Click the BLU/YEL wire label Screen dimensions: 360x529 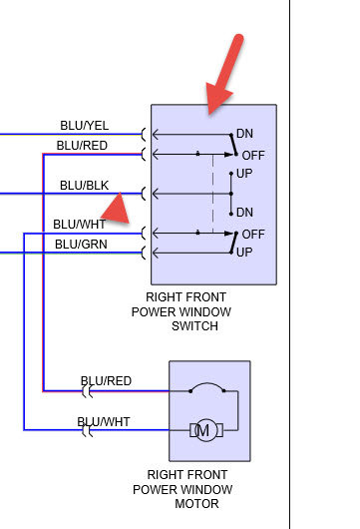[85, 126]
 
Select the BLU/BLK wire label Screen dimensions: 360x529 [85, 186]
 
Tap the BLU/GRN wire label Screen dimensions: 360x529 [81, 244]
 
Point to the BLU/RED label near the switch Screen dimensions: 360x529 [82, 146]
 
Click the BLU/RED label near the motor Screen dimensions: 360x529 [106, 381]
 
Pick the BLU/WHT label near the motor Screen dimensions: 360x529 [104, 422]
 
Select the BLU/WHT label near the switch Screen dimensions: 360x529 [80, 224]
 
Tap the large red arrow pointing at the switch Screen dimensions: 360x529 [224, 75]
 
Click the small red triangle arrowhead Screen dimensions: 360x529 [117, 210]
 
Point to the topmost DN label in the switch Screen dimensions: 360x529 [244, 134]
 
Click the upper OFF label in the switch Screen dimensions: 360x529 [253, 156]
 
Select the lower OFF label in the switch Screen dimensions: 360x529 [253, 235]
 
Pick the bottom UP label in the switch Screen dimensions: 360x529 [244, 253]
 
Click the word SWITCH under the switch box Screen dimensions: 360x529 [194, 326]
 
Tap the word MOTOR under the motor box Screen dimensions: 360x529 [196, 504]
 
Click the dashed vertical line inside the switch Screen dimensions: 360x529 [212, 194]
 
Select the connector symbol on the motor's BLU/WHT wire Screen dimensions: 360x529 [88, 431]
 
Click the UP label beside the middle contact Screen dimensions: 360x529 [244, 174]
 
